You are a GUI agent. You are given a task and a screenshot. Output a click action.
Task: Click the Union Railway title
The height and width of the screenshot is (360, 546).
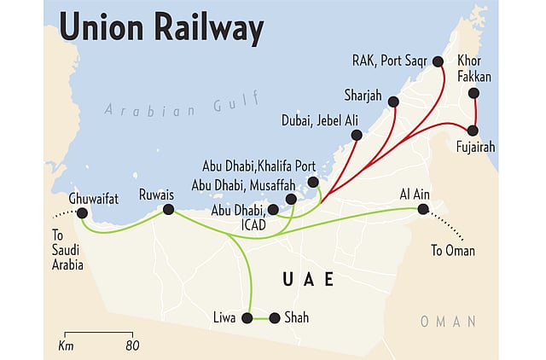[x=160, y=30]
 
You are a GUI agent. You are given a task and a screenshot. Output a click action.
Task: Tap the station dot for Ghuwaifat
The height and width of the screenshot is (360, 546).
[x=82, y=213]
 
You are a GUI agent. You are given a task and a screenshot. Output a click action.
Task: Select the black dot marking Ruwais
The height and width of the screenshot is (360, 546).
[x=168, y=209]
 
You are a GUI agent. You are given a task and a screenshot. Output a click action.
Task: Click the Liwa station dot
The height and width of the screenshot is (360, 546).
[x=247, y=318]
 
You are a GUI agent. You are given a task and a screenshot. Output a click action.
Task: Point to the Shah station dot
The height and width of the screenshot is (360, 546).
[x=274, y=318]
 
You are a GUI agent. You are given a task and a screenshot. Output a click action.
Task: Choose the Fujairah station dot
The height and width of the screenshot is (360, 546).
[x=473, y=131]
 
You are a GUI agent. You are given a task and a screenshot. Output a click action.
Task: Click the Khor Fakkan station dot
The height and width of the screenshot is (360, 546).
[x=473, y=93]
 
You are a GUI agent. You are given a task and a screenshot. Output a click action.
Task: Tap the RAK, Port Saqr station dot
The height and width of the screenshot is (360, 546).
[x=438, y=61]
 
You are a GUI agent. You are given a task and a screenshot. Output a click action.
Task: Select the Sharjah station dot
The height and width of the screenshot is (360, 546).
[x=393, y=102]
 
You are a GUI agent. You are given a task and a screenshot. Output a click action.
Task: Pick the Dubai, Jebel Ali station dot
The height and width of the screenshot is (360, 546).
[x=357, y=135]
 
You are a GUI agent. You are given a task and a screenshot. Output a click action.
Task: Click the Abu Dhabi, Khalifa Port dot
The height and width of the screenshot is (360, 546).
[x=313, y=182]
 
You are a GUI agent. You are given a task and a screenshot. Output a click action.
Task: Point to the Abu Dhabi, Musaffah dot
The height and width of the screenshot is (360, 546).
[x=292, y=199]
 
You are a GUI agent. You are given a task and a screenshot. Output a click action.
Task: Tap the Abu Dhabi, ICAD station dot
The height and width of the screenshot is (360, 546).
[x=272, y=209]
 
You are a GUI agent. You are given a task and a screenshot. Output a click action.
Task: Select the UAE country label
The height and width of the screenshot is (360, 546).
[x=308, y=280]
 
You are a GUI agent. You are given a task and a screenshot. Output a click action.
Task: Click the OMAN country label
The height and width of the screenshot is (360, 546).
[x=448, y=321]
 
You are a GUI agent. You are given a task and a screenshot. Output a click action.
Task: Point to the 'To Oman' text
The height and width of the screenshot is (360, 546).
[x=452, y=251]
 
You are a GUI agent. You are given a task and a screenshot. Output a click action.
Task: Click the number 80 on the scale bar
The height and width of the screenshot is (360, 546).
[x=131, y=345]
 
